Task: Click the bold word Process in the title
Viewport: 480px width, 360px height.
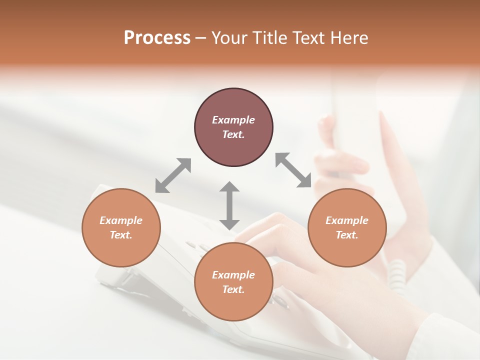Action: click(157, 38)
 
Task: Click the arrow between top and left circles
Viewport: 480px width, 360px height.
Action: click(173, 175)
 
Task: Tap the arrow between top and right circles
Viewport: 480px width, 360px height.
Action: click(293, 170)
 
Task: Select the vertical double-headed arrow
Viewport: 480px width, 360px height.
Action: click(229, 205)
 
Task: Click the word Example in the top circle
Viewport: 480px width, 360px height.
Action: click(233, 120)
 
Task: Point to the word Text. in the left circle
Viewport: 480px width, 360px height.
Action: click(121, 235)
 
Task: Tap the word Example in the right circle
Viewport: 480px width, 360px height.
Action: click(347, 220)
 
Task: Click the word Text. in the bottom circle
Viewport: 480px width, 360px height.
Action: click(233, 289)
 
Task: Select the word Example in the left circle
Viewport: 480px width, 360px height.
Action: click(121, 220)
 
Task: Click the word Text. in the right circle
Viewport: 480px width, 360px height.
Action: click(347, 235)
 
